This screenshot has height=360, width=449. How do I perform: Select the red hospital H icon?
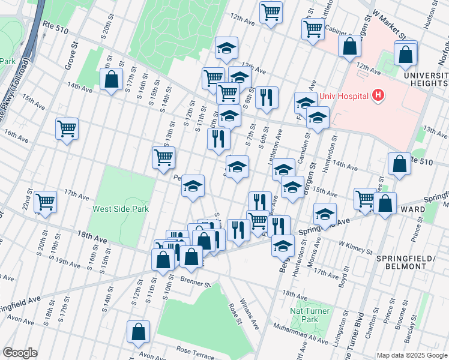(x=378, y=95)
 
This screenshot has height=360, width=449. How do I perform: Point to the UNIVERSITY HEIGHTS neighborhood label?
(x=425, y=80)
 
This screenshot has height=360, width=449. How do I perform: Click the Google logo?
(x=20, y=353)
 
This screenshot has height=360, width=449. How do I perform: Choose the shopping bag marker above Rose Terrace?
(x=138, y=331)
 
